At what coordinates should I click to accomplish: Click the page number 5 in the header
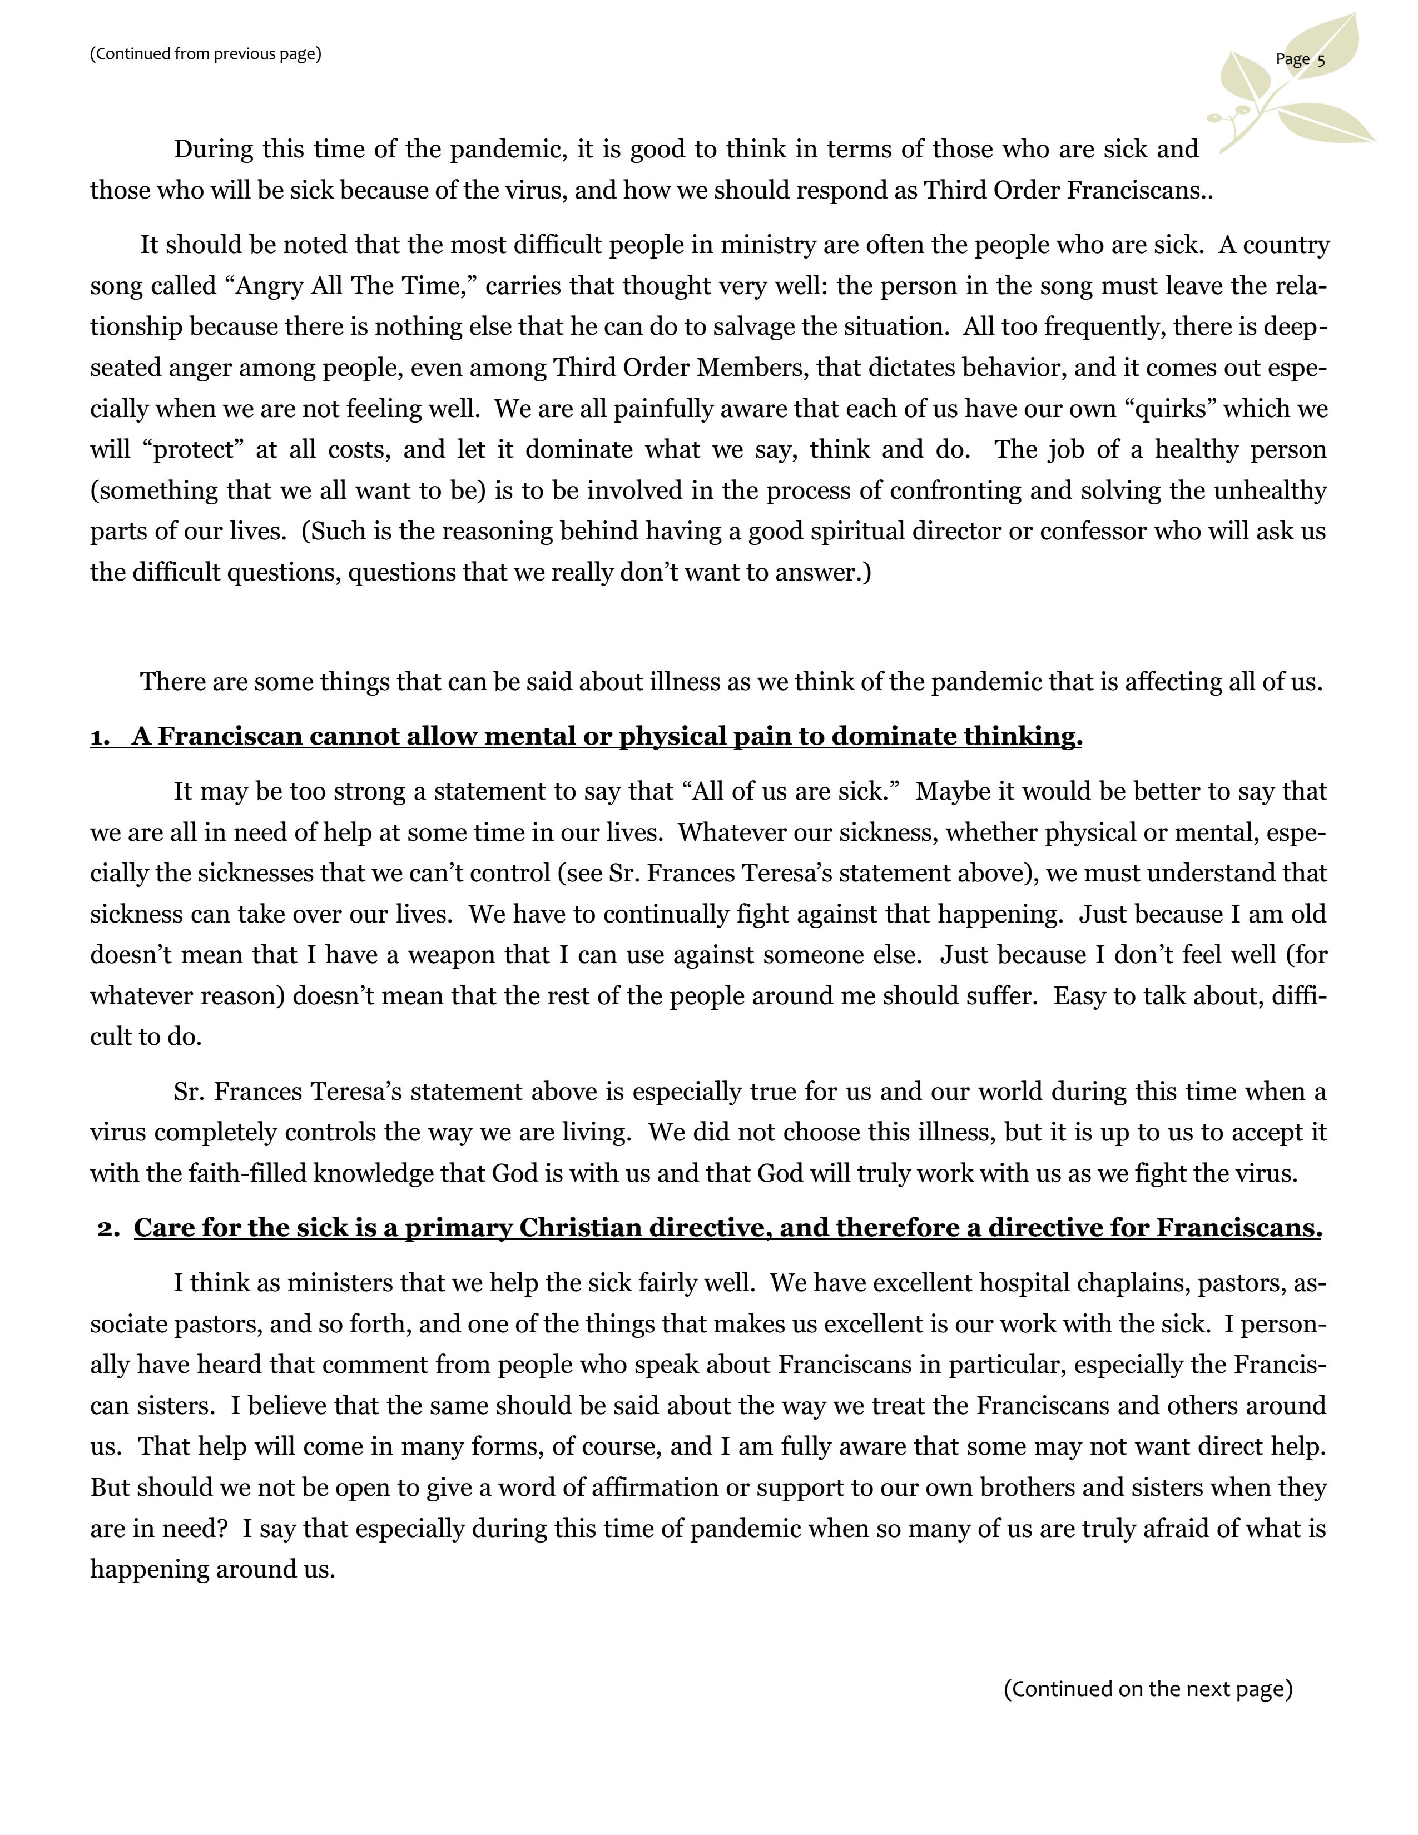tap(1321, 59)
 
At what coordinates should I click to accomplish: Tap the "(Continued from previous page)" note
tap(206, 54)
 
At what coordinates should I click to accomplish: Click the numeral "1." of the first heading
tap(100, 738)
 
